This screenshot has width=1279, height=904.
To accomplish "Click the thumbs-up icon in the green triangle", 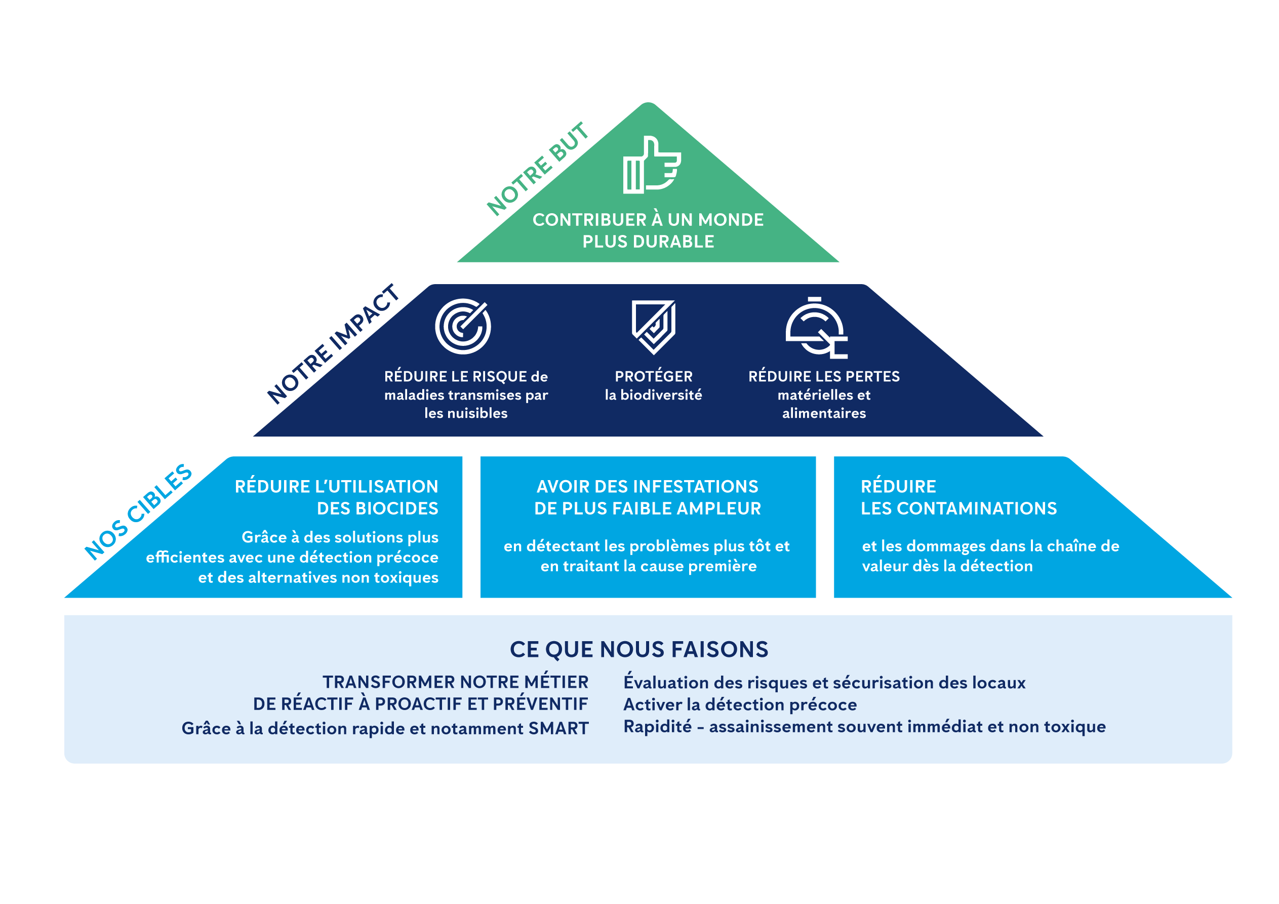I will pos(651,165).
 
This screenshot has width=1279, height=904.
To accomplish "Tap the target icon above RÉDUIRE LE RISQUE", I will pos(462,327).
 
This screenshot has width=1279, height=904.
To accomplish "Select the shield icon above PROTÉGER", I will pos(654,327).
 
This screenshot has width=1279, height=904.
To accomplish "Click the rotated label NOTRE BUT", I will pos(538,168).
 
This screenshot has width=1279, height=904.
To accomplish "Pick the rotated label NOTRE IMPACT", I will pos(333,344).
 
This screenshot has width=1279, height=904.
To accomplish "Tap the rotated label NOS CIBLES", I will pos(138,512).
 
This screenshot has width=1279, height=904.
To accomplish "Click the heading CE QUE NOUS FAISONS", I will pos(639,649).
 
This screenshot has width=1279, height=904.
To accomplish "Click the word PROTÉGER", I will pos(654,376).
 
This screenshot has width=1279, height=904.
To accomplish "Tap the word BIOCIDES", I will pos(377,508).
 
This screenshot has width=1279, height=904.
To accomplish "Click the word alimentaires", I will pos(824,413).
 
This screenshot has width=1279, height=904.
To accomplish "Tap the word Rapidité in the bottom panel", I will pos(657,727).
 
